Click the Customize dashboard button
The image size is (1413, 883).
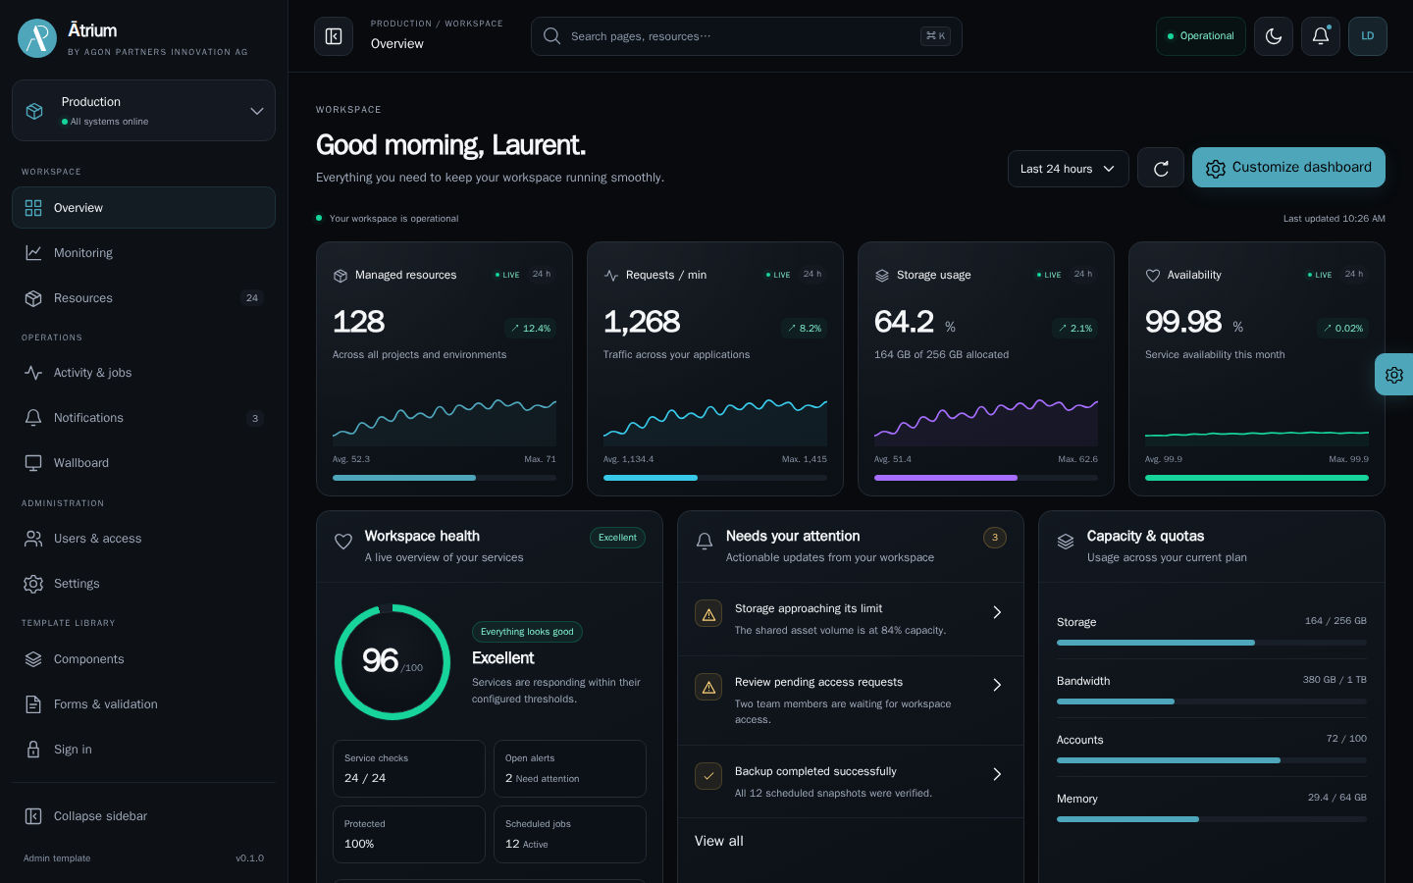tap(1288, 167)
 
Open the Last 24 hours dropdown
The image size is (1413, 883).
tap(1068, 169)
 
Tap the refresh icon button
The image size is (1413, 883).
tap(1161, 169)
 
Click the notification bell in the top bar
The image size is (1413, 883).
tap(1321, 36)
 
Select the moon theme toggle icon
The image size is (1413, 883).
tap(1273, 36)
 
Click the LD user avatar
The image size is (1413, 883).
tap(1368, 36)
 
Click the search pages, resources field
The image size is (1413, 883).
tap(746, 36)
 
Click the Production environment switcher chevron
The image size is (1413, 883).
tap(256, 111)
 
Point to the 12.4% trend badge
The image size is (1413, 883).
tap(531, 328)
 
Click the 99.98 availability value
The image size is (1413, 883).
tap(1183, 322)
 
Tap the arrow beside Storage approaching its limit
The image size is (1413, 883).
tap(997, 612)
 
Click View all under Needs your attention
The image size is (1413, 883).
tap(718, 841)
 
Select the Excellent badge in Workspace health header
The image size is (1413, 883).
tap(617, 538)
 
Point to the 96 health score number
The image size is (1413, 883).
tap(380, 660)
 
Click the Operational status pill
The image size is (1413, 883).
tap(1200, 36)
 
